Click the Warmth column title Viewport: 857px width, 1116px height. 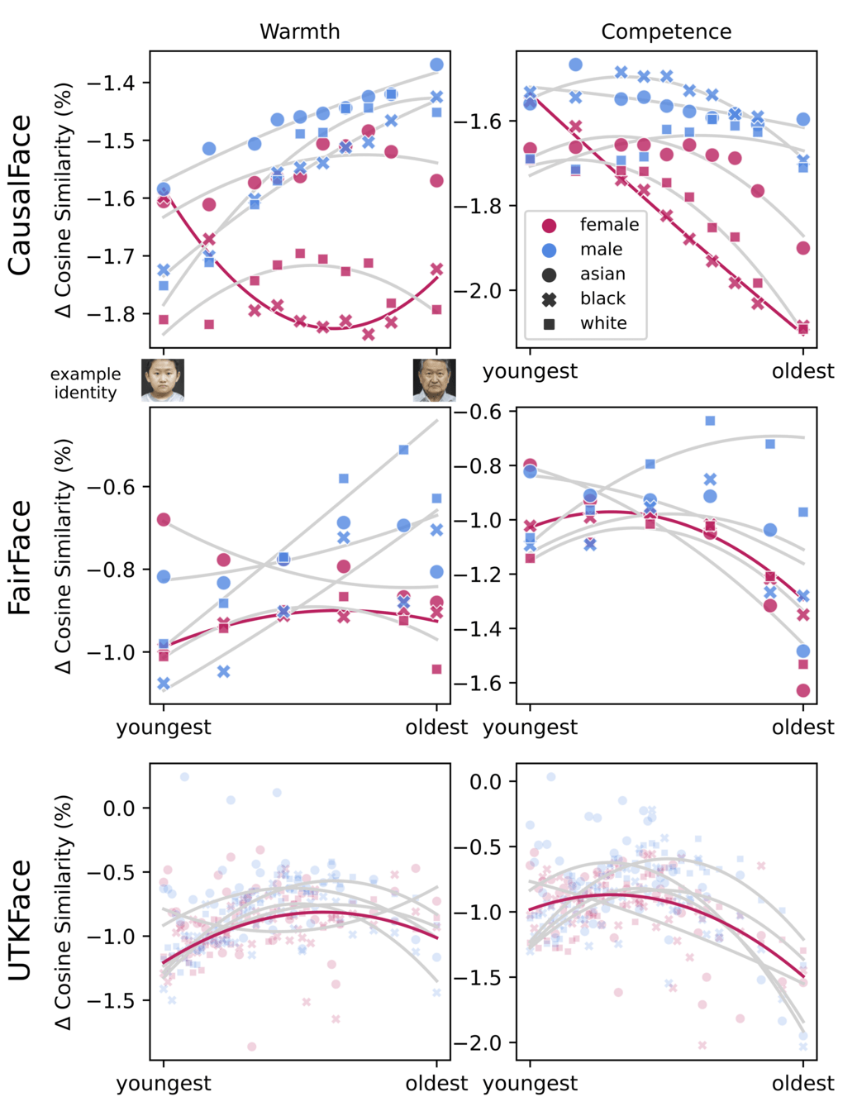click(299, 31)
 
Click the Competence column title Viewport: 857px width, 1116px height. click(665, 31)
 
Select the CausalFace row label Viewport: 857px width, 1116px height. click(20, 195)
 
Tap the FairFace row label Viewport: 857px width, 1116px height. click(20, 557)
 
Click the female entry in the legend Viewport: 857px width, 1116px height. click(608, 225)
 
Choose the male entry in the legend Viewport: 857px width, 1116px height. click(601, 250)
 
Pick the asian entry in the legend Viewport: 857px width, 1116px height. click(602, 274)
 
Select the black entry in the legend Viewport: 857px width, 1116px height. click(602, 298)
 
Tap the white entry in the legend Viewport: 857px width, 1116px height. click(603, 323)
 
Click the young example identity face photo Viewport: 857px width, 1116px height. click(163, 380)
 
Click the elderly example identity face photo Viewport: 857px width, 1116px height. click(434, 380)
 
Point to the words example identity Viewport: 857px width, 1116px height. click(85, 384)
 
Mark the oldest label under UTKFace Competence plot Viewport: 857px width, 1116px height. click(802, 1083)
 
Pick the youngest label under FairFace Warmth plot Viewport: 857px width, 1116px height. click(164, 727)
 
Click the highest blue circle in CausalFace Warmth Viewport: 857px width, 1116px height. click(436, 64)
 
